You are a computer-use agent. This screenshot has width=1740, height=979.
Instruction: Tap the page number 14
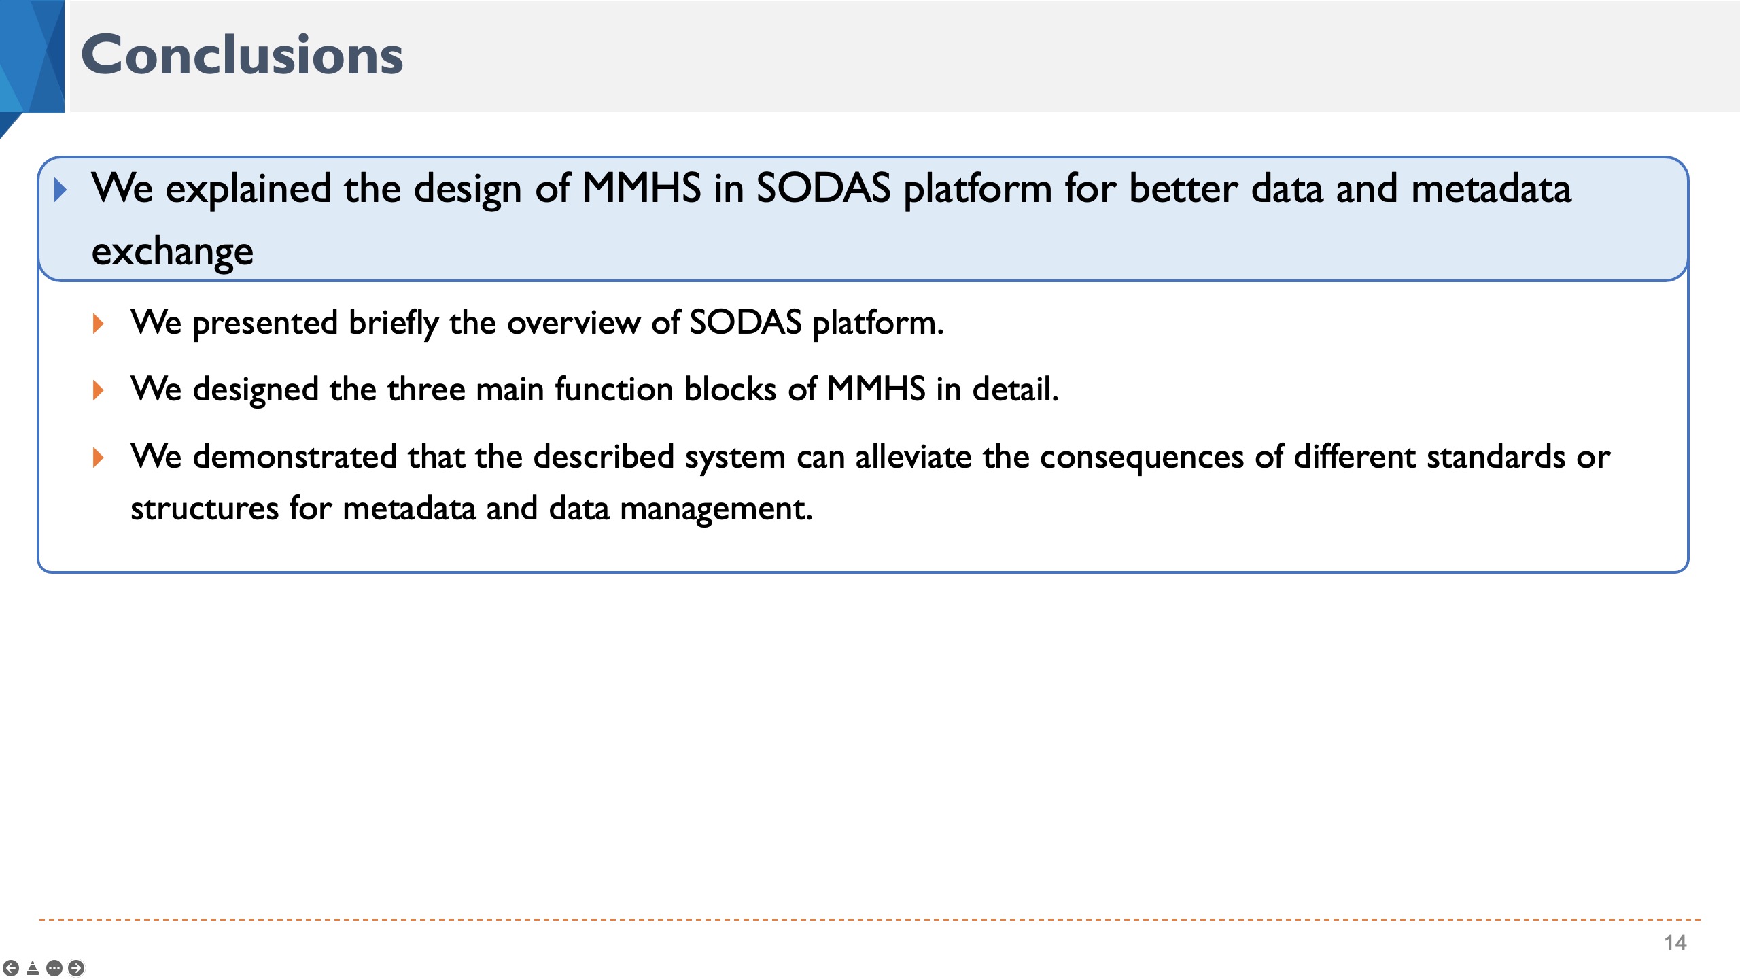point(1675,943)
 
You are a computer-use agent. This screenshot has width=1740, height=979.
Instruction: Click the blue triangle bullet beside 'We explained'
point(60,190)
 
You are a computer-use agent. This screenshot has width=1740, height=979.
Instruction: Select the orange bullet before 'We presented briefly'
point(99,324)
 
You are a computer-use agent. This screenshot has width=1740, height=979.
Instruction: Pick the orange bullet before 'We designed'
point(99,390)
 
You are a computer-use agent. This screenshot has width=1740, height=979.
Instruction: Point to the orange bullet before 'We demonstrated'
point(99,457)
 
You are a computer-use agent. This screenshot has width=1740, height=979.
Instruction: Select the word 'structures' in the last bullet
point(205,509)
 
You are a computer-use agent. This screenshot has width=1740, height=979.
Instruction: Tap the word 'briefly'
point(394,324)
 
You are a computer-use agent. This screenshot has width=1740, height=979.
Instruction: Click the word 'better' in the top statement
point(1183,189)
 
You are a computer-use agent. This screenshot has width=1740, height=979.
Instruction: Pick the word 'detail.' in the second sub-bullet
point(1015,390)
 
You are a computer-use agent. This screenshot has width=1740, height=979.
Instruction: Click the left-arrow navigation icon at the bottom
point(11,967)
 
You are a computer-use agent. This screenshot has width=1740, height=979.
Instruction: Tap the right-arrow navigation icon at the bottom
point(77,967)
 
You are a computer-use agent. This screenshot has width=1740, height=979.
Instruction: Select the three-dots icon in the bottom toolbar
point(55,967)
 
